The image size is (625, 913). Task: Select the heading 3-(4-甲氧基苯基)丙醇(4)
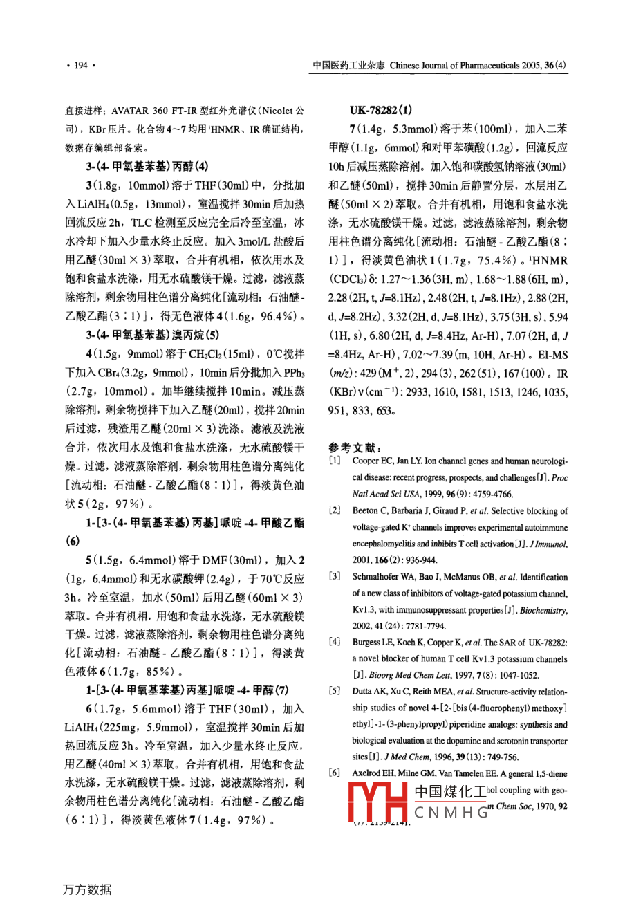147,167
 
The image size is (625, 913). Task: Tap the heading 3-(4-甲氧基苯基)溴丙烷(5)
152,335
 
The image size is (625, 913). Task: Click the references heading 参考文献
355,448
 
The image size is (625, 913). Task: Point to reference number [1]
335,461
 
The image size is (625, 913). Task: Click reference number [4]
335,643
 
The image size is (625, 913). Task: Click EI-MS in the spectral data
552,354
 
